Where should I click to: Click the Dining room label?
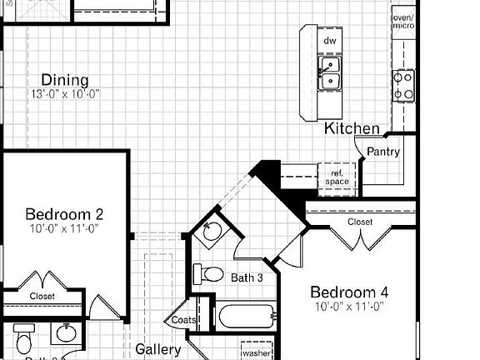coord(65,81)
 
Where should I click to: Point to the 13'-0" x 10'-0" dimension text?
coord(65,94)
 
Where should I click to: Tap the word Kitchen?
coord(352,128)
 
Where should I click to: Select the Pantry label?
coord(383,152)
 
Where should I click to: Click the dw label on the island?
coord(330,40)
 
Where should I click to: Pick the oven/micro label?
coord(403,22)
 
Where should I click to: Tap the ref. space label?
coord(337,177)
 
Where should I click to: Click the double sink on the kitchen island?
coord(330,73)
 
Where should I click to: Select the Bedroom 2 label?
coord(64,212)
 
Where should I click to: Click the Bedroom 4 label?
coord(349,292)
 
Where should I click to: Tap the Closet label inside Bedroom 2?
coord(42,296)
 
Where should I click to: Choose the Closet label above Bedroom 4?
coord(360,222)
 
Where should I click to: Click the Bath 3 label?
coord(247,277)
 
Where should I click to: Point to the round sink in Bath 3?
coord(212,231)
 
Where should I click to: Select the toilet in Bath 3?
coord(210,273)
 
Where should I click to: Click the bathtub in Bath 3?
coord(246,317)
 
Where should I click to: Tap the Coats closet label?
coord(183,320)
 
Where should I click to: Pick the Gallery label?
coord(158,350)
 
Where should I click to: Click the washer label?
coord(257,353)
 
